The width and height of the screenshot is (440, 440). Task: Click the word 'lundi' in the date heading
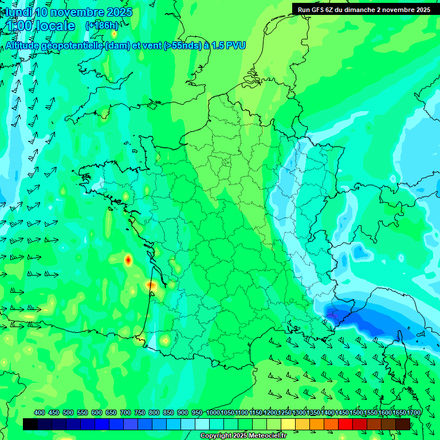(x=18, y=12)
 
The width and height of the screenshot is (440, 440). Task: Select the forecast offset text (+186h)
(x=102, y=26)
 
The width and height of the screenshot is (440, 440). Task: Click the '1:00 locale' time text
(x=41, y=26)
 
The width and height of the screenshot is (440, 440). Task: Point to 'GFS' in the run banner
(x=319, y=10)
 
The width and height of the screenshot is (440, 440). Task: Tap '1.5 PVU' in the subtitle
(x=229, y=45)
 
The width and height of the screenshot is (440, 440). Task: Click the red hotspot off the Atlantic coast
(x=128, y=260)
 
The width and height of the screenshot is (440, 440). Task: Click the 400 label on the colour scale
(x=40, y=412)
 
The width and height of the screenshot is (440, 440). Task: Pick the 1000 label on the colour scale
(x=213, y=412)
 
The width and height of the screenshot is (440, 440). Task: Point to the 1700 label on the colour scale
(x=399, y=412)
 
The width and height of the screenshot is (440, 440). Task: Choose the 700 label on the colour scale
(x=125, y=412)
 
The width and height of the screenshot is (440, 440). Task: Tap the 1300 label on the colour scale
(x=298, y=412)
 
